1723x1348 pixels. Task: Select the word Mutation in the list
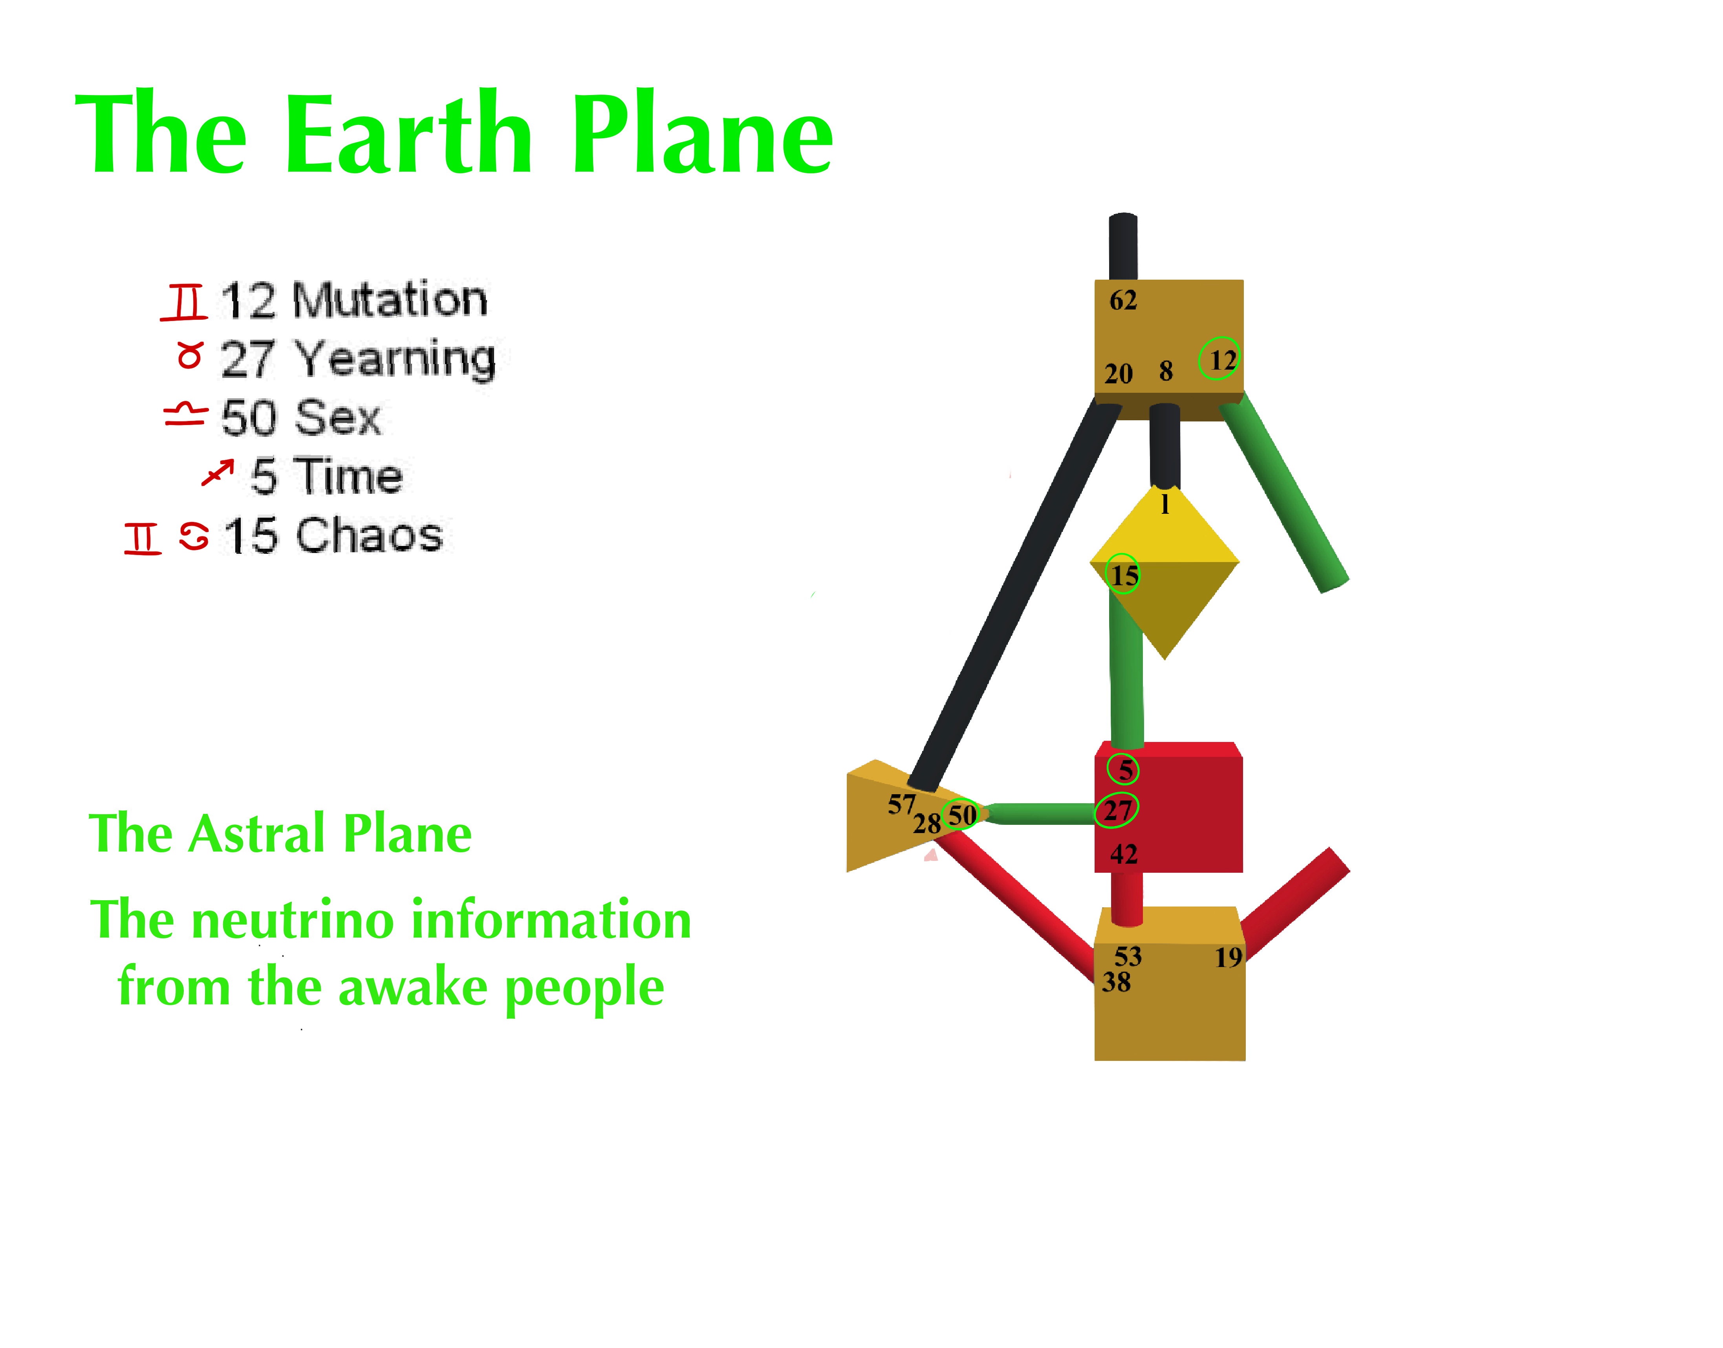pos(390,300)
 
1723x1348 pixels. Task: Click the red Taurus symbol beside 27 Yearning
pos(190,355)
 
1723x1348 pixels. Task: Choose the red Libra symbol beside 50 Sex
pos(185,414)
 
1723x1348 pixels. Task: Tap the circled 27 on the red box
pos(1117,810)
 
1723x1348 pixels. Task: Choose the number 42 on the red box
pos(1124,854)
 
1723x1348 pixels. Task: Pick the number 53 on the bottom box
pos(1128,956)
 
